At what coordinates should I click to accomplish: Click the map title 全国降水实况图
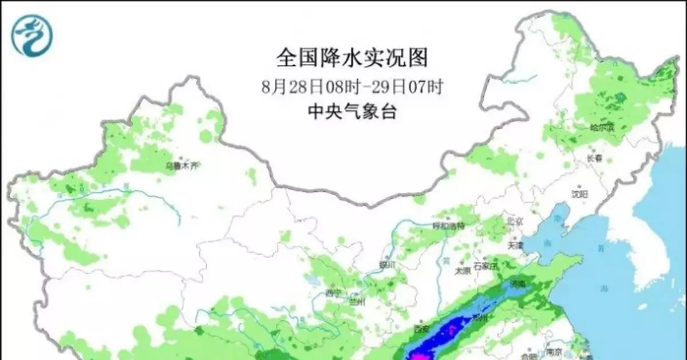tap(352, 57)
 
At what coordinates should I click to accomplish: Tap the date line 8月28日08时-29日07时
tap(352, 87)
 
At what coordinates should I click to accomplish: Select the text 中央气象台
tap(352, 112)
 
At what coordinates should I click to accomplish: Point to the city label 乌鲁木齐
tap(181, 166)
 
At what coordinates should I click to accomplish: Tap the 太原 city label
tap(462, 270)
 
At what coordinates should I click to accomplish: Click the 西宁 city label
tap(333, 294)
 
